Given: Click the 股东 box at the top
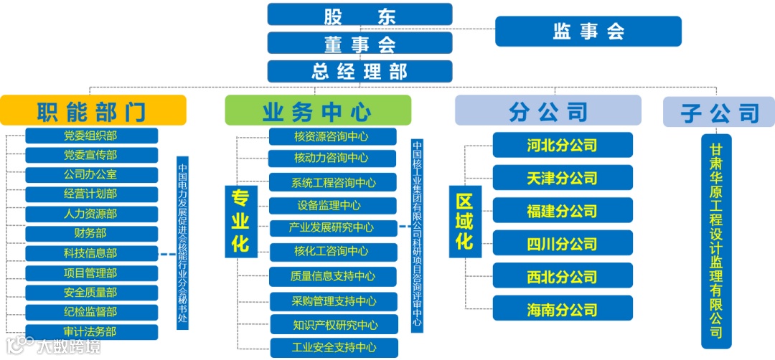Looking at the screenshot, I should (x=360, y=14).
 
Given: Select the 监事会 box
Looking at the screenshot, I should (x=588, y=31).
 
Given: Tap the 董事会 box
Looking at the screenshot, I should (x=360, y=43).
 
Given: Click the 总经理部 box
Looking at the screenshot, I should (x=360, y=71).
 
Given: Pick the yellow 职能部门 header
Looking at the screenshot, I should (x=93, y=110).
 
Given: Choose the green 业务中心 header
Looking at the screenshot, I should (x=318, y=110).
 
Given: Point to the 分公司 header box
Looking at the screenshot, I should (x=548, y=110).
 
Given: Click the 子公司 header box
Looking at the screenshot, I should (x=718, y=112).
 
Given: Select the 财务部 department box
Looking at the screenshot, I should (x=91, y=233).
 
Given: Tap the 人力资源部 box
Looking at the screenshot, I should (x=91, y=214).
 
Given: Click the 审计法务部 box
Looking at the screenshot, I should (x=91, y=331).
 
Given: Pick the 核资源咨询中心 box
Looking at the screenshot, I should (x=332, y=136).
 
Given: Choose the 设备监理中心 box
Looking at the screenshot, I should (x=332, y=206).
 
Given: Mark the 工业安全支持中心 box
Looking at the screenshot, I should (x=334, y=348).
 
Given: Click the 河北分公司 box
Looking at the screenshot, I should (x=563, y=145).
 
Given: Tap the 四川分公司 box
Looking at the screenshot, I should (x=563, y=243).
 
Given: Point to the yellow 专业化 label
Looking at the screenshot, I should (x=240, y=220).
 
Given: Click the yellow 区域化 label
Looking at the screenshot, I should (x=465, y=220).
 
